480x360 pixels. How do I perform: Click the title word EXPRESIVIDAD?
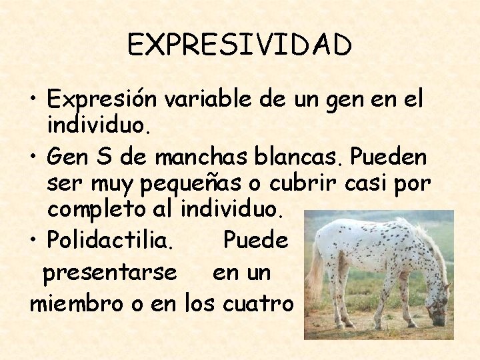[239, 45]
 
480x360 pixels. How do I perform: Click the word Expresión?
[102, 100]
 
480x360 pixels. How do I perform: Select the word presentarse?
[109, 273]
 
